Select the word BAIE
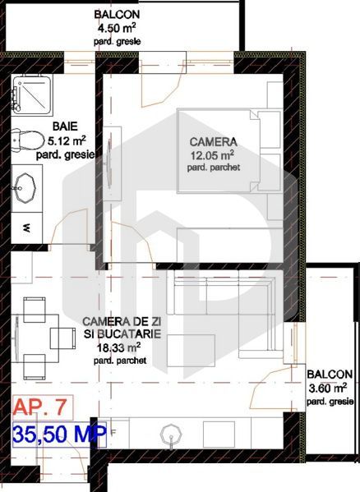pos(65,127)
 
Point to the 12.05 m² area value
pos(212,154)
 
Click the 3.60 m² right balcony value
pos(330,388)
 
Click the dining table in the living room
pos(35,335)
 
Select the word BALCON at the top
pos(116,15)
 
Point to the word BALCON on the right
pos(330,375)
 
